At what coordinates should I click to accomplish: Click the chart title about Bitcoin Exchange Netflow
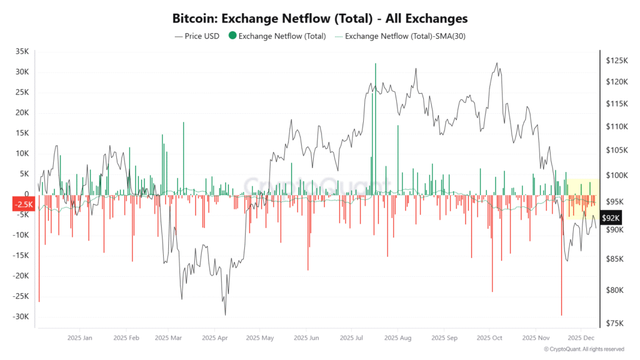(320, 19)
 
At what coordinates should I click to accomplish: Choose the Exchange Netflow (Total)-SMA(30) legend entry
(400, 36)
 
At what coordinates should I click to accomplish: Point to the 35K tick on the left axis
(22, 52)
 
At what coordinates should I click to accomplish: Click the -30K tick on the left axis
(21, 317)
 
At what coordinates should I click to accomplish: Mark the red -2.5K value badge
(24, 204)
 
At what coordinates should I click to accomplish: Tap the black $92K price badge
(611, 217)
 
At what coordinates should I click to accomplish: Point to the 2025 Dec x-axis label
(581, 338)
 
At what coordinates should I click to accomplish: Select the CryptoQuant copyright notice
(584, 349)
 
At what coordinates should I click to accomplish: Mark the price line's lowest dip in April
(225, 314)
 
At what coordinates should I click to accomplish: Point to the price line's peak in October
(497, 63)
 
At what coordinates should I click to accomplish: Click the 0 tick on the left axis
(27, 194)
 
